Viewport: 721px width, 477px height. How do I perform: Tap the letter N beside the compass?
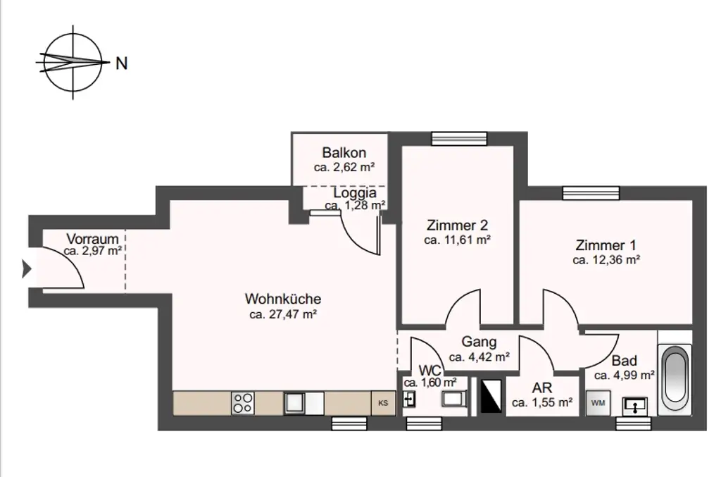coord(121,63)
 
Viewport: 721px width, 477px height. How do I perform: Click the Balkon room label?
coord(344,153)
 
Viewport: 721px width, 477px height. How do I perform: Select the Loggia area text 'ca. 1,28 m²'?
coord(355,206)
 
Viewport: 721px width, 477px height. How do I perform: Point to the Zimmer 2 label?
coord(457,226)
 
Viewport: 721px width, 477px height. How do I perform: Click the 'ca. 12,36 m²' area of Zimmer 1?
coord(606,260)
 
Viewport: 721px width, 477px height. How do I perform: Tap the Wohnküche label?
coord(283,299)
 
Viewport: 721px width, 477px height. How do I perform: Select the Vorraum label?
coord(93,238)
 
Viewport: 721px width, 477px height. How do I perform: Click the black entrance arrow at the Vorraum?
coord(27,268)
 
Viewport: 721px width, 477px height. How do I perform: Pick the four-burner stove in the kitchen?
coord(243,403)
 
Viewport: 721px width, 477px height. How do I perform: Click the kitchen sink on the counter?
coord(295,403)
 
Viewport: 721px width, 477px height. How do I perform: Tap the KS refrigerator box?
coord(383,403)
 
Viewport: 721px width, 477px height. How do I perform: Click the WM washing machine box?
coord(598,403)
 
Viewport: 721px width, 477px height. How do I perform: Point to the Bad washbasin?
coord(637,406)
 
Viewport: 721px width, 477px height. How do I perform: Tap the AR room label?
coord(542,388)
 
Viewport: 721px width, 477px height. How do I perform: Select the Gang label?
coord(479,342)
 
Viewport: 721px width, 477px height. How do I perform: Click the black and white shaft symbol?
coord(489,397)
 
